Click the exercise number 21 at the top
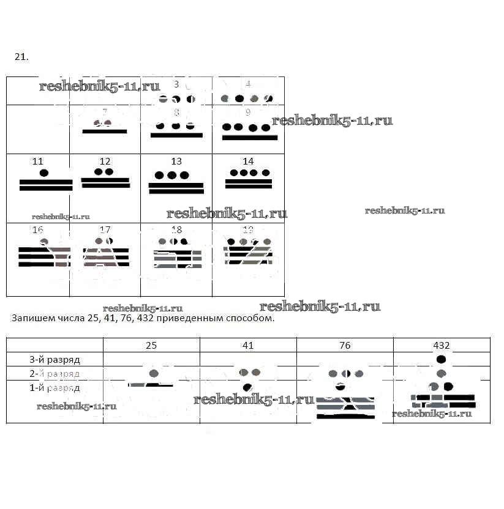coord(21,57)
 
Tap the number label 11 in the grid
coord(38,162)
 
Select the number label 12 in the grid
coord(105,162)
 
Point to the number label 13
coord(176,162)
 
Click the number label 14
coord(248,162)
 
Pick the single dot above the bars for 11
coord(44,173)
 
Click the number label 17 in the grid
coord(105,230)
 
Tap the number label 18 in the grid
coord(176,230)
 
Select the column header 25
coord(151,345)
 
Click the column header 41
coord(248,345)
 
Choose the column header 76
coord(345,345)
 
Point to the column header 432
coord(441,345)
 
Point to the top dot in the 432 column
coord(441,359)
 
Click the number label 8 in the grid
coord(176,113)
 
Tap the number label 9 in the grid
coord(248,113)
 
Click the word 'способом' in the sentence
coord(251,319)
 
